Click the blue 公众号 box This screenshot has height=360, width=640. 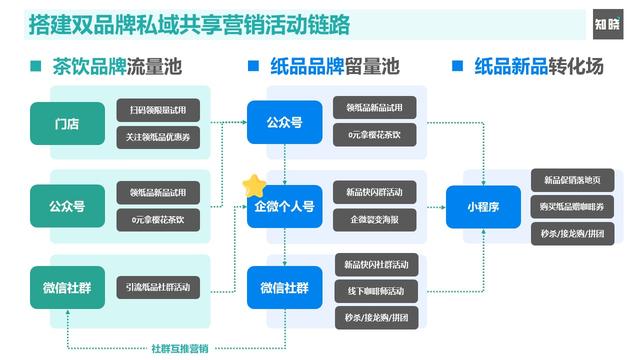click(284, 122)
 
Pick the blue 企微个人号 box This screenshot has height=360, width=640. click(284, 207)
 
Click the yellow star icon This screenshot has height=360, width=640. click(254, 184)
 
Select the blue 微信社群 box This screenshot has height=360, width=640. click(284, 288)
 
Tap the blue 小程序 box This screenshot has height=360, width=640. click(484, 207)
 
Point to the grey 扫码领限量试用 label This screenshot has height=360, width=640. click(158, 108)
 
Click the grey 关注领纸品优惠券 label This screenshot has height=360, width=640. click(158, 135)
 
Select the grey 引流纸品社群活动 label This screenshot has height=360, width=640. click(158, 288)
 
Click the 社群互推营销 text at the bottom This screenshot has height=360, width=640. click(180, 347)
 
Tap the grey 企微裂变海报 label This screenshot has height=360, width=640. click(374, 218)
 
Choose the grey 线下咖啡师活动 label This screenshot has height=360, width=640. click(374, 291)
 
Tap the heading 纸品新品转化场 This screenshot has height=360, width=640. click(540, 67)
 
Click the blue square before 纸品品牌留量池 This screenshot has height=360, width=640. click(252, 67)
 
